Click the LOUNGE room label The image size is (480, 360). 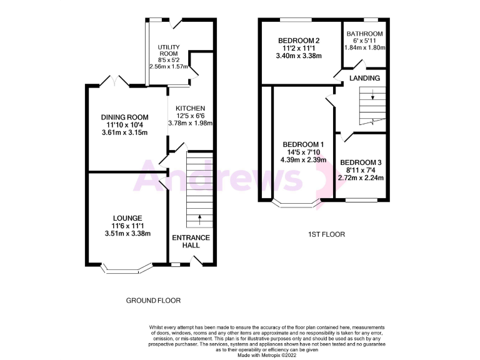(127, 218)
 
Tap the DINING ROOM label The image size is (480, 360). (125, 117)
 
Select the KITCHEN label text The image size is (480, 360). (191, 108)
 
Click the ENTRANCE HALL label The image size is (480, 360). (191, 241)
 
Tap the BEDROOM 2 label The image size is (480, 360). (299, 41)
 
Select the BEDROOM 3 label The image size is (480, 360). (360, 161)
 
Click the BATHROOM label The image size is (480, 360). (365, 34)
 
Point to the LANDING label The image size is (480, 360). (365, 78)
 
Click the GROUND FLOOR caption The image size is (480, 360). (153, 301)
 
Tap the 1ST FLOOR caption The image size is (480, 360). (326, 234)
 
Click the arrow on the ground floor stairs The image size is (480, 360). (200, 219)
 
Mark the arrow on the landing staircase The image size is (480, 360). (372, 96)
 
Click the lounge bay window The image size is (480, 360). (127, 270)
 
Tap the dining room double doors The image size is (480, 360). (113, 82)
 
